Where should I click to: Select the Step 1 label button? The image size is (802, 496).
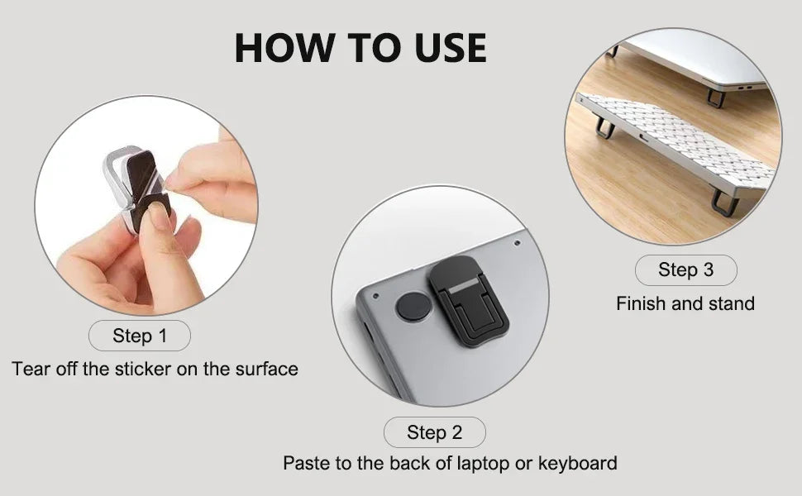coord(139,336)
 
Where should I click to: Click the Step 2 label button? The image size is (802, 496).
coord(434,432)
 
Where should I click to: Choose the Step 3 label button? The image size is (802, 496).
coord(685,269)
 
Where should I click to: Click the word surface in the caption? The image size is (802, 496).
coord(266,369)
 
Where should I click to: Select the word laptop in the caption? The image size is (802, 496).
coord(479,463)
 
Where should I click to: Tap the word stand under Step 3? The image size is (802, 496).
coord(732,303)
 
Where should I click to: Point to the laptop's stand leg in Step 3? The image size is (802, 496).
coord(716,98)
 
